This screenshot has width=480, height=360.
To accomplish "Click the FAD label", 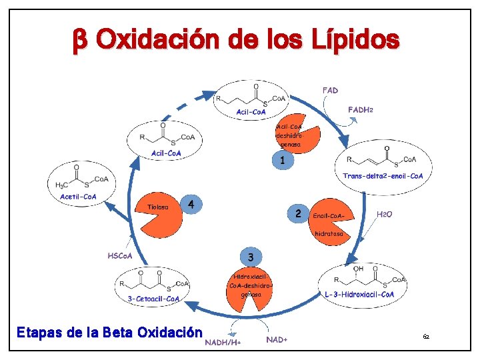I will click(x=330, y=90).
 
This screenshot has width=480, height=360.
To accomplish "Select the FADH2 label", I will click(x=359, y=109).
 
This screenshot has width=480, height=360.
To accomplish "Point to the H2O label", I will click(x=385, y=215).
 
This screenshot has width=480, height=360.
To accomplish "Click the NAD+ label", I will click(x=277, y=340).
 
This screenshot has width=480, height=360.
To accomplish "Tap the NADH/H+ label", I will click(x=223, y=342).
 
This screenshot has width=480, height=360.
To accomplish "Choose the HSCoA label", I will click(x=120, y=255).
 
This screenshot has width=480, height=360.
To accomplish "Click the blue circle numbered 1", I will click(x=283, y=161).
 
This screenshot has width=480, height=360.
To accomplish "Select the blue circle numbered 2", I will click(x=298, y=213).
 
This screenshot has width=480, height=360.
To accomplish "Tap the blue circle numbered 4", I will click(x=191, y=205).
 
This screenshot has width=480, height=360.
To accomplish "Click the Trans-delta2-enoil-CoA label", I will click(x=383, y=176).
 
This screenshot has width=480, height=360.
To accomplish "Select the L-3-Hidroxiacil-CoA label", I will click(x=359, y=295).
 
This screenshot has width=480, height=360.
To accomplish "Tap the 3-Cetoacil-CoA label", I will click(x=154, y=299).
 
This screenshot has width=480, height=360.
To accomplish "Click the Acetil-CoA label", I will click(x=79, y=196).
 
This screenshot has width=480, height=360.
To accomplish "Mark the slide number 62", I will click(x=425, y=339).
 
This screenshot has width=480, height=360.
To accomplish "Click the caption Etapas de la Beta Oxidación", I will click(x=109, y=331).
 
